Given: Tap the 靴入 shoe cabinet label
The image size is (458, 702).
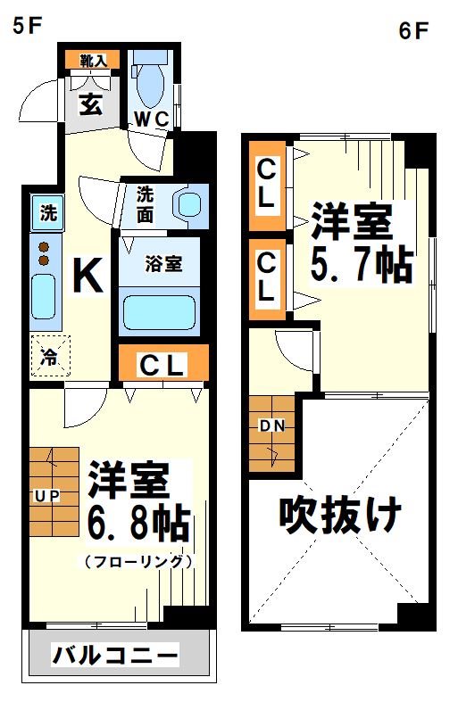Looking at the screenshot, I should (93, 61).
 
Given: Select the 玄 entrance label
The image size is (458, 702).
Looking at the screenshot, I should (90, 103).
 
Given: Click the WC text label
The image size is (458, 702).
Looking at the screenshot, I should (151, 120).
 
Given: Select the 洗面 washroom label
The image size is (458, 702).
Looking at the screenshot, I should (148, 203).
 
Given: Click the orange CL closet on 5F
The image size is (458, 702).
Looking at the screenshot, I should (164, 364).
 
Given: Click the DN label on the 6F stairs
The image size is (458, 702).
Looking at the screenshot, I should (271, 425).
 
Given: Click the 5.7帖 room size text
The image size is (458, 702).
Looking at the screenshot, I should (361, 265).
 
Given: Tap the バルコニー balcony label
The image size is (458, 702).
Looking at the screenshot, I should (114, 657).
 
